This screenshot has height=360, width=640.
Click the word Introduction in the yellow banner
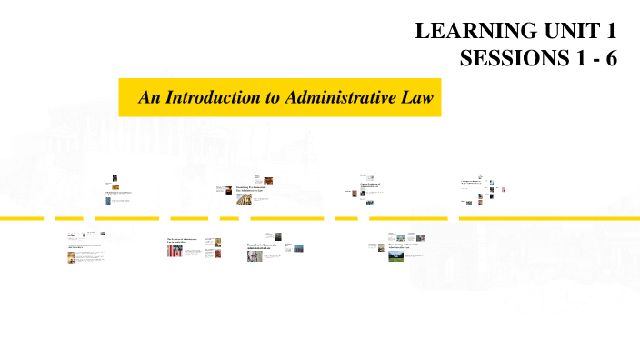click(x=213, y=97)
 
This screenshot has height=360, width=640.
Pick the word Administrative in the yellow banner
click(x=338, y=97)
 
